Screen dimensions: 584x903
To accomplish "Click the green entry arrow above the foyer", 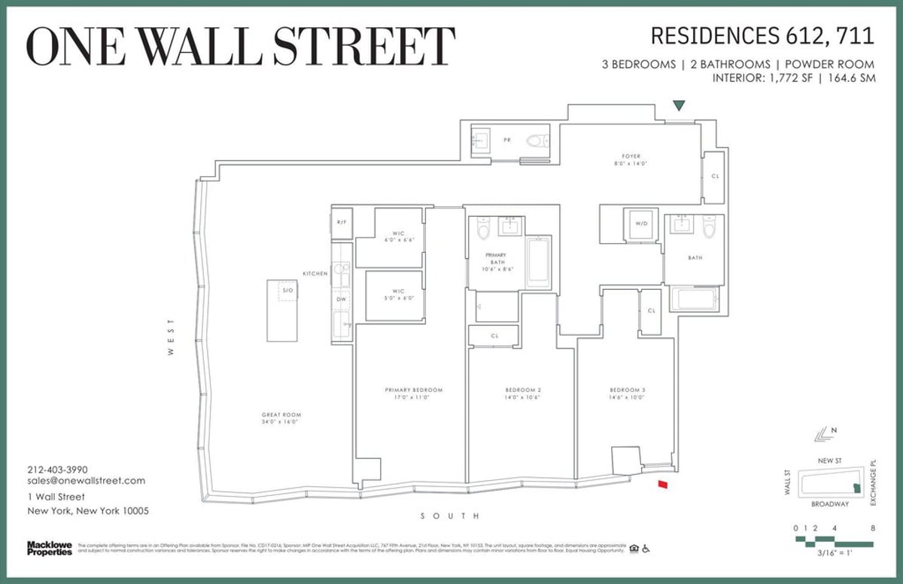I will click(680, 106).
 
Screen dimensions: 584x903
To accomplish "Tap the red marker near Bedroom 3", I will click(662, 485).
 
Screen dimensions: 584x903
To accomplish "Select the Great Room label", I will click(281, 418).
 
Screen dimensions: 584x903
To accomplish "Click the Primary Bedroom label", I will click(414, 394).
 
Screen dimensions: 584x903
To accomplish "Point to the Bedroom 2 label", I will click(523, 394).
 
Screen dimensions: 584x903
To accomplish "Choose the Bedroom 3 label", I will click(628, 394).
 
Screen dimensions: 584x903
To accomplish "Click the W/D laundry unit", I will click(643, 224).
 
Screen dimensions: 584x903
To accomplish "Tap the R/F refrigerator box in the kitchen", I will click(342, 223).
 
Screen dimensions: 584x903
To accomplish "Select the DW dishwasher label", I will click(342, 300).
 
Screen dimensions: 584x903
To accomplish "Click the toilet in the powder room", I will click(537, 140).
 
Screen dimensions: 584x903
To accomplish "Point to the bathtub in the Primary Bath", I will click(539, 263).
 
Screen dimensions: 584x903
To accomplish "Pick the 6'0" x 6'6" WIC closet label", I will click(389, 236).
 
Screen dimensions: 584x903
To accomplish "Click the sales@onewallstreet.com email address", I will click(86, 481).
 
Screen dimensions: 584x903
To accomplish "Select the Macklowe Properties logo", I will click(50, 549).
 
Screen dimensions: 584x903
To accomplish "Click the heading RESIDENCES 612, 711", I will click(762, 35).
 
